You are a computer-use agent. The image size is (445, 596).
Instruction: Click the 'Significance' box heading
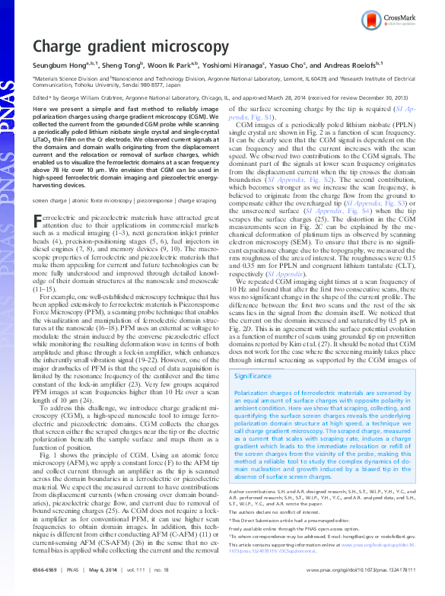(253, 376)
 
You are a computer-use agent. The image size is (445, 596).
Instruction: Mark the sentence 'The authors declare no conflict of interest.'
(281, 515)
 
